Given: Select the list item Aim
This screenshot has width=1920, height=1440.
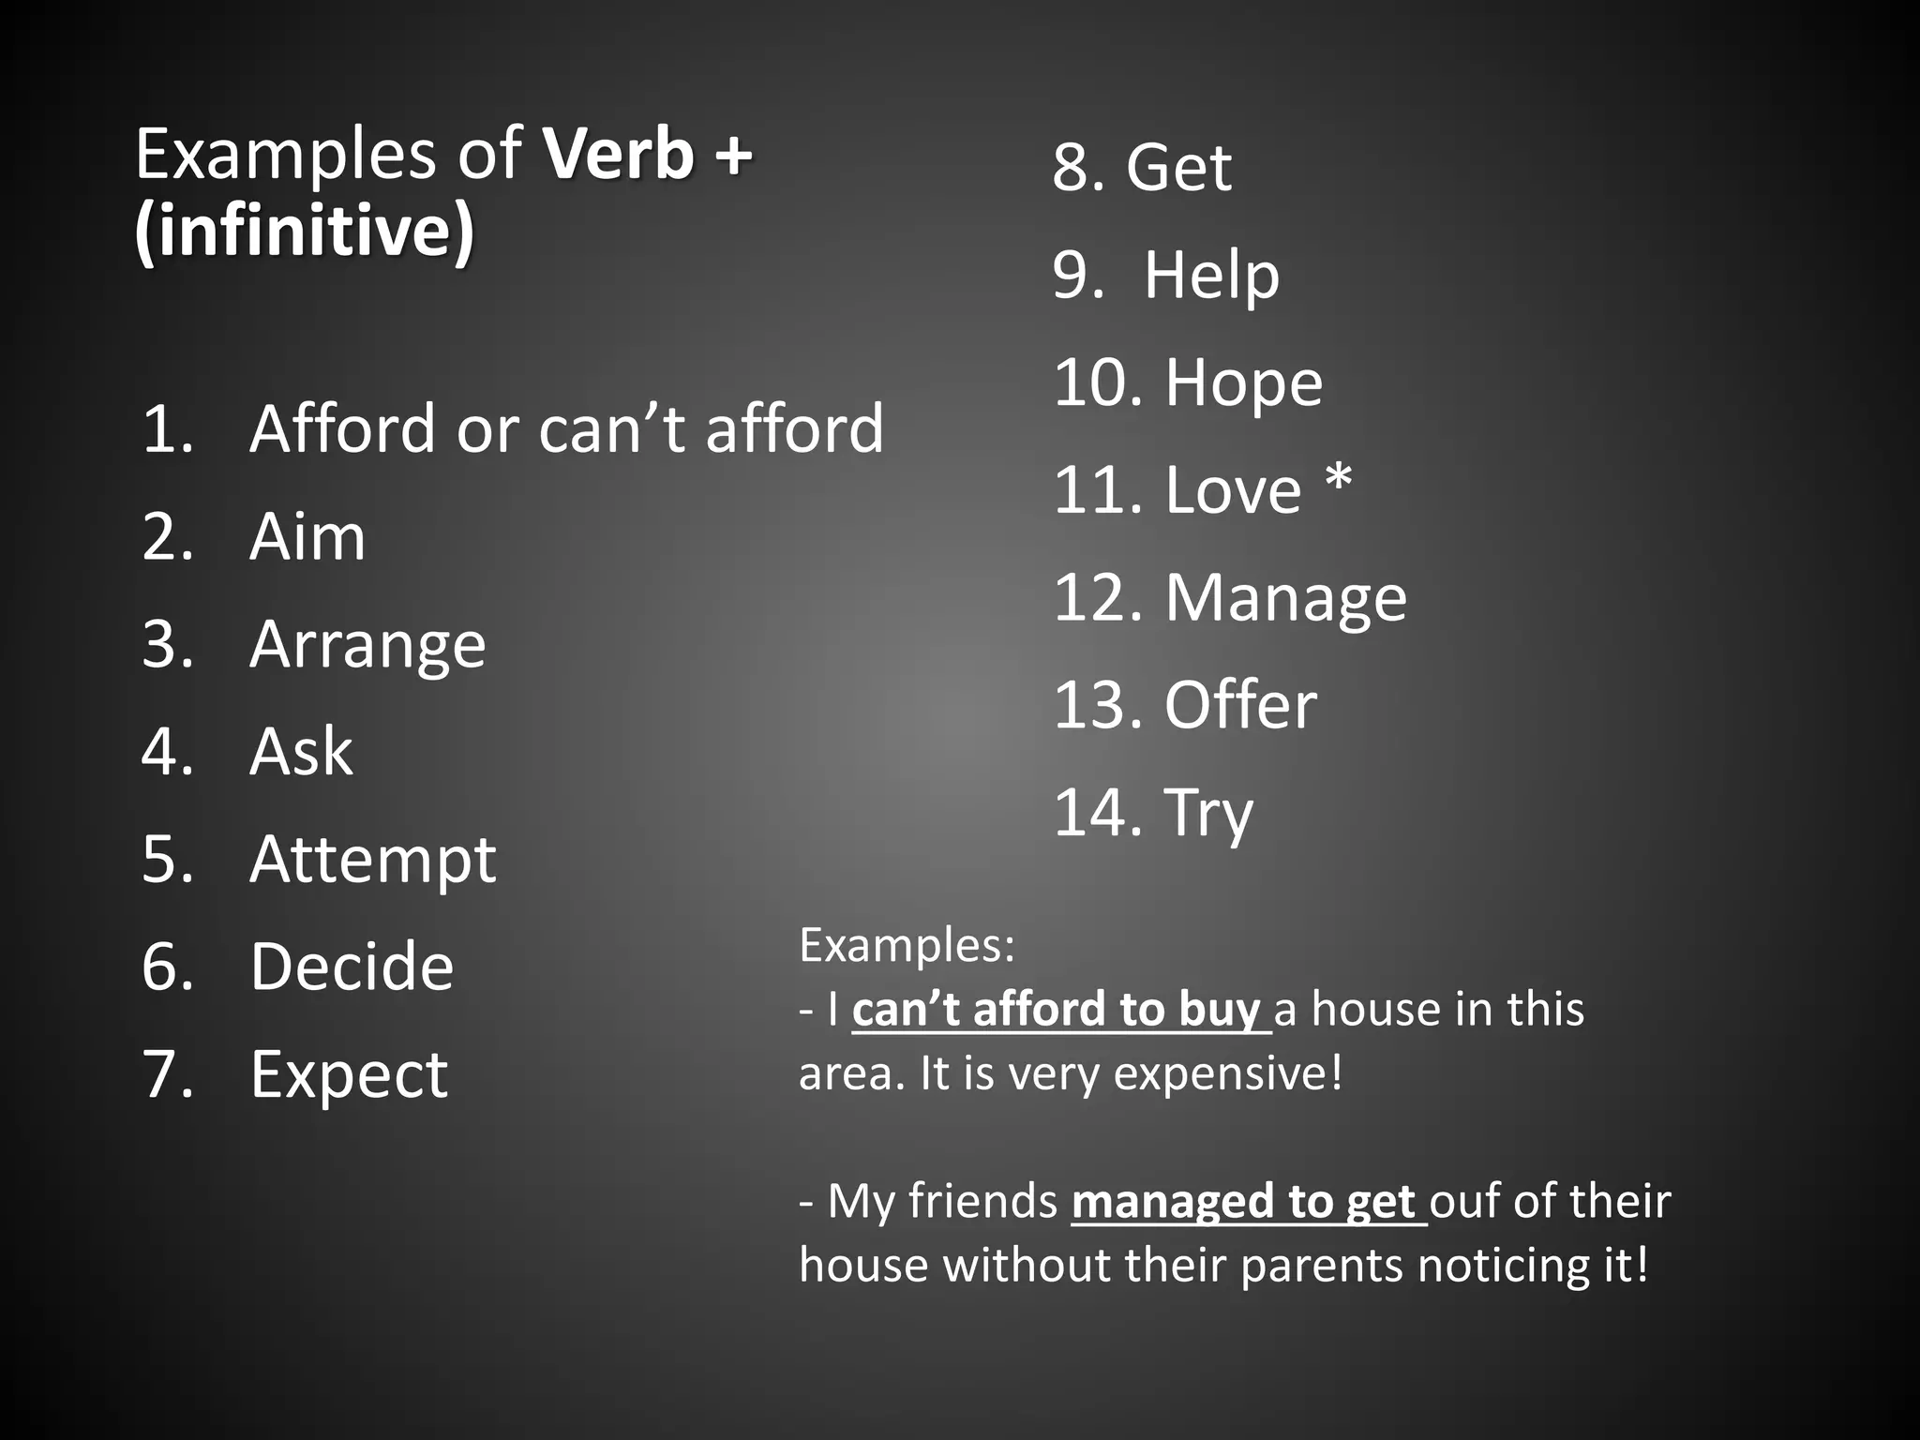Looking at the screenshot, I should click(x=307, y=537).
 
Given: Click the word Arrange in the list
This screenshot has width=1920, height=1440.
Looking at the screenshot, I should click(x=367, y=645).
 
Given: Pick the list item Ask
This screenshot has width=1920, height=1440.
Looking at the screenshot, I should click(x=301, y=752).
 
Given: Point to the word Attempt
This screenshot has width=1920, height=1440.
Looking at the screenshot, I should click(x=372, y=860).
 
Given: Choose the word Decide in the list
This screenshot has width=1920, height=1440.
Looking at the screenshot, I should click(x=352, y=967).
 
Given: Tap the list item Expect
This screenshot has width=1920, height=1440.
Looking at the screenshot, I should click(x=349, y=1074).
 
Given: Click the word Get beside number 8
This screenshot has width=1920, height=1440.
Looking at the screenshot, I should click(x=1178, y=168).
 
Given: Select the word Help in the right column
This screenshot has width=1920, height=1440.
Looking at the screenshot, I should click(x=1211, y=276).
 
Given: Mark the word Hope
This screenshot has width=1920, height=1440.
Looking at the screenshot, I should click(x=1243, y=382).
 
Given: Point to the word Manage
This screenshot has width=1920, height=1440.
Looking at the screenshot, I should click(x=1285, y=598).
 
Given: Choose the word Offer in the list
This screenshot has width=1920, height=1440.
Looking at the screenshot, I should click(x=1240, y=705).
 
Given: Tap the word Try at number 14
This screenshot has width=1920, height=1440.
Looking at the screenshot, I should click(x=1207, y=813).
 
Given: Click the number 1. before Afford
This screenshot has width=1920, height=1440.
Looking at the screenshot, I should click(x=168, y=429).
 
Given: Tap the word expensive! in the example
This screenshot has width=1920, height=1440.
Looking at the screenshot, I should click(x=1228, y=1073).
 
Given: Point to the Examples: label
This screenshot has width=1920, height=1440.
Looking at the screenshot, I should click(x=907, y=945).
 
